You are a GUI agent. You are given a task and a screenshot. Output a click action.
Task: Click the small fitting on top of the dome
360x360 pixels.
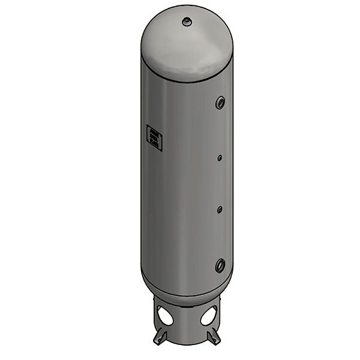click(x=187, y=22)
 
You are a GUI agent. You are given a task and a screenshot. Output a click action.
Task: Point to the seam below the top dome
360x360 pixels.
click(x=187, y=80)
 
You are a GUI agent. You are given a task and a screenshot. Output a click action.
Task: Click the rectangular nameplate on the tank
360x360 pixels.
click(x=154, y=137)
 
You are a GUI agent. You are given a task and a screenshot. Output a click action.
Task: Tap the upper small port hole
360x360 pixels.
click(x=220, y=158)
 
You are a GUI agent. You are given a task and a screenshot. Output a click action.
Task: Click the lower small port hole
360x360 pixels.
click(x=220, y=209)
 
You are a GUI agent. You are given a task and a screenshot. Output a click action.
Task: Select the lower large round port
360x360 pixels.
click(x=220, y=264)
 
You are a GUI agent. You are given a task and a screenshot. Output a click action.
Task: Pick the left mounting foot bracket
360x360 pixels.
click(x=159, y=336)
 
